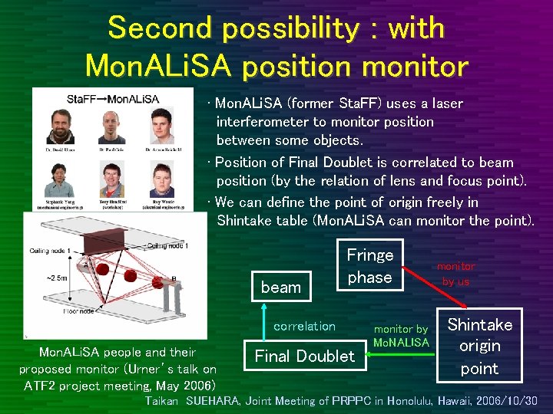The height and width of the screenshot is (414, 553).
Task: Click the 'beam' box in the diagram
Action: [x=281, y=287]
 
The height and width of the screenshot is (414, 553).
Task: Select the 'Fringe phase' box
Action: [x=369, y=266]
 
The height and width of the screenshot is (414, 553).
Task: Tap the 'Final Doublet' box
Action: [x=304, y=356]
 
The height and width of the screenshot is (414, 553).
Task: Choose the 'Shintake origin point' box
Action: [x=479, y=347]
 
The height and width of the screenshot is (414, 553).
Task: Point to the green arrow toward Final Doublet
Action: [x=399, y=356]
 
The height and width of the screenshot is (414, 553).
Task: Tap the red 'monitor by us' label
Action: [x=455, y=274]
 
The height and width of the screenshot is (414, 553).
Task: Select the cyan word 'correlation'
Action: [x=304, y=327]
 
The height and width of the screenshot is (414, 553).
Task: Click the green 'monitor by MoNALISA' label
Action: [x=401, y=336]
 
